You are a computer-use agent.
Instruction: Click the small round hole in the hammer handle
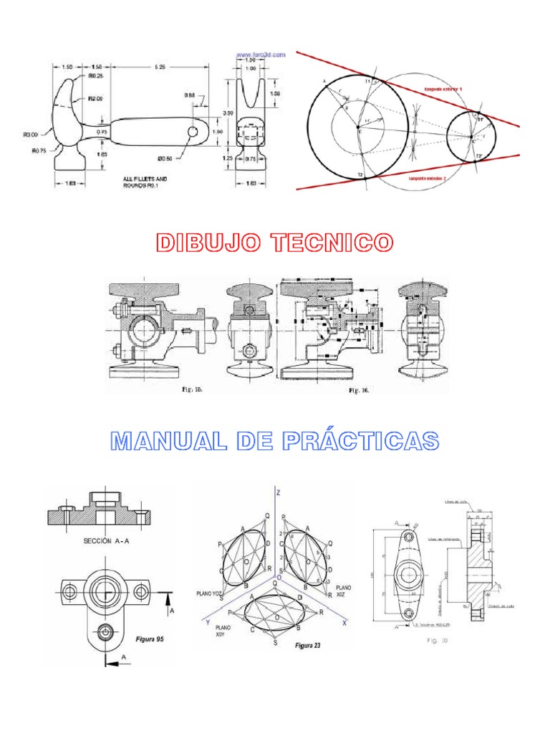pos(193,132)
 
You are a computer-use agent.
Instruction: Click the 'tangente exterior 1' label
pos(444,88)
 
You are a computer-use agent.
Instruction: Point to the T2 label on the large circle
pos(360,175)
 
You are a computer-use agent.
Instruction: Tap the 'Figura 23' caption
pos(308,645)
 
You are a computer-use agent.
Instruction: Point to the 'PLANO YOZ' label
pos(211,593)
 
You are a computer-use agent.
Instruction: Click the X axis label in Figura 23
pos(344,623)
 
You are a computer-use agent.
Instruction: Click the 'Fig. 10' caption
pos(437,641)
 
